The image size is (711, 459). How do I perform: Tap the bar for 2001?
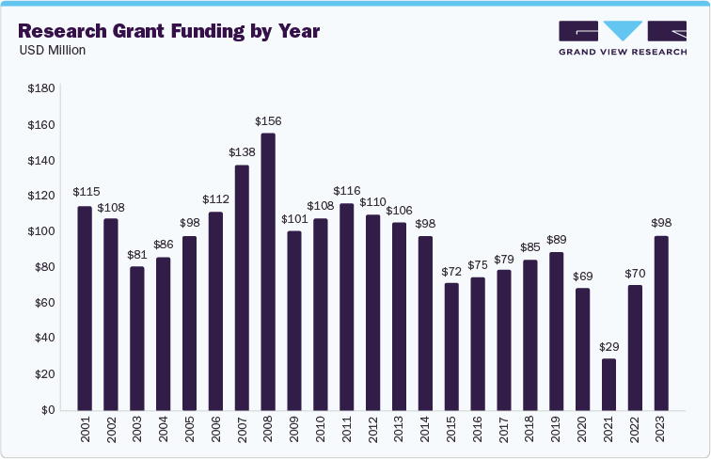[85, 308]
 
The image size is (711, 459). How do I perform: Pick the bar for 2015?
[451, 346]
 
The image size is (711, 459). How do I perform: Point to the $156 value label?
[268, 121]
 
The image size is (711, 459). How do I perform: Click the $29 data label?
[609, 347]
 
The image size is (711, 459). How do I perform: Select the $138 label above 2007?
[242, 152]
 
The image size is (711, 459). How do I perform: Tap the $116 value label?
[347, 191]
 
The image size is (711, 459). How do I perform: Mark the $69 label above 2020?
[583, 276]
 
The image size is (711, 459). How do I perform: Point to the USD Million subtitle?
[53, 51]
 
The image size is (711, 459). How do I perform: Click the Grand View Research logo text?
[621, 53]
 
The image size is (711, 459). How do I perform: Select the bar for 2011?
[347, 307]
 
